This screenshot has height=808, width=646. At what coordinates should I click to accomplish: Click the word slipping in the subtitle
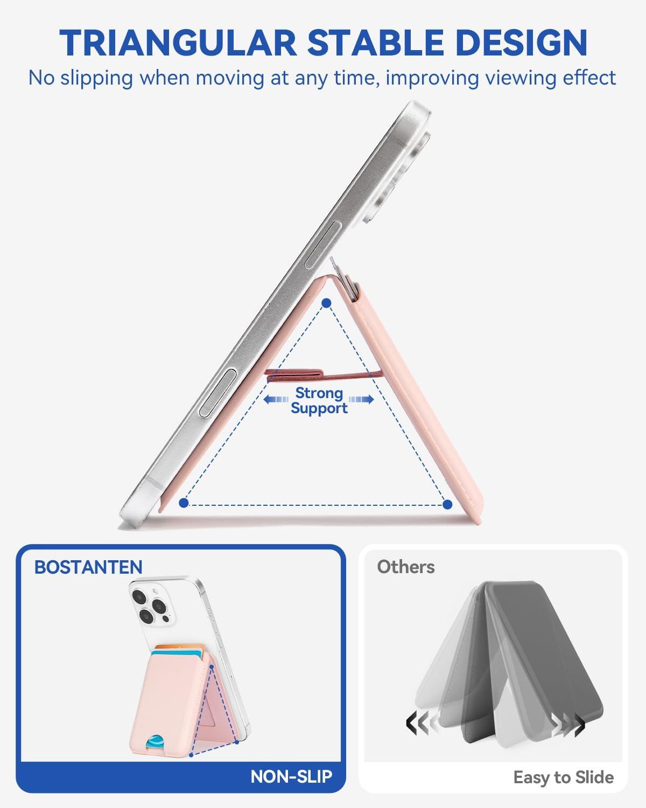point(96,79)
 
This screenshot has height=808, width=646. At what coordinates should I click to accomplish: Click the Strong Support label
point(319,400)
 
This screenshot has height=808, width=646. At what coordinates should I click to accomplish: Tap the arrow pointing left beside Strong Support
point(276,399)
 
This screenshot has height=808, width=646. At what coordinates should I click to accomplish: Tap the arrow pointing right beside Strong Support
point(361,399)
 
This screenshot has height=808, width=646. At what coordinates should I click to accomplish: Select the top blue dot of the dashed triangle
point(327,303)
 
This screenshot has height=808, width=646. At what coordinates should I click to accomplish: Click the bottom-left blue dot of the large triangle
point(184,503)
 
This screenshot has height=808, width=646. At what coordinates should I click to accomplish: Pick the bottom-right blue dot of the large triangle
point(447,504)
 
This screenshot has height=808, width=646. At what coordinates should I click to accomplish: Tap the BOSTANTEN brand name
point(88,567)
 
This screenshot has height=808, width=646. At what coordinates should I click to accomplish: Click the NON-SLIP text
point(291,776)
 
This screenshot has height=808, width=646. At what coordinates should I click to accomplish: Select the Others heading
point(406,567)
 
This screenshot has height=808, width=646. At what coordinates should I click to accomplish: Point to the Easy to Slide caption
point(564,777)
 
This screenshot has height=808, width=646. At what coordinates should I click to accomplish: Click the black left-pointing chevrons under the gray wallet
point(418,723)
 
